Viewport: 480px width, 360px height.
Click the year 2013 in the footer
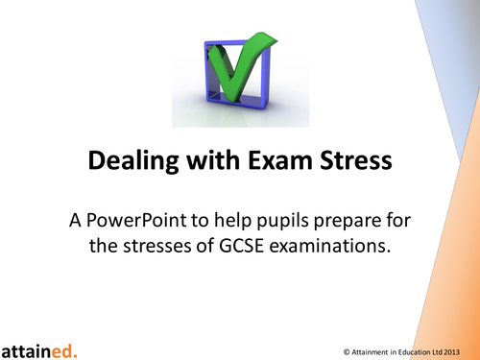[459, 349]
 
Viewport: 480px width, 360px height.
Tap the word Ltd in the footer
[443, 349]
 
